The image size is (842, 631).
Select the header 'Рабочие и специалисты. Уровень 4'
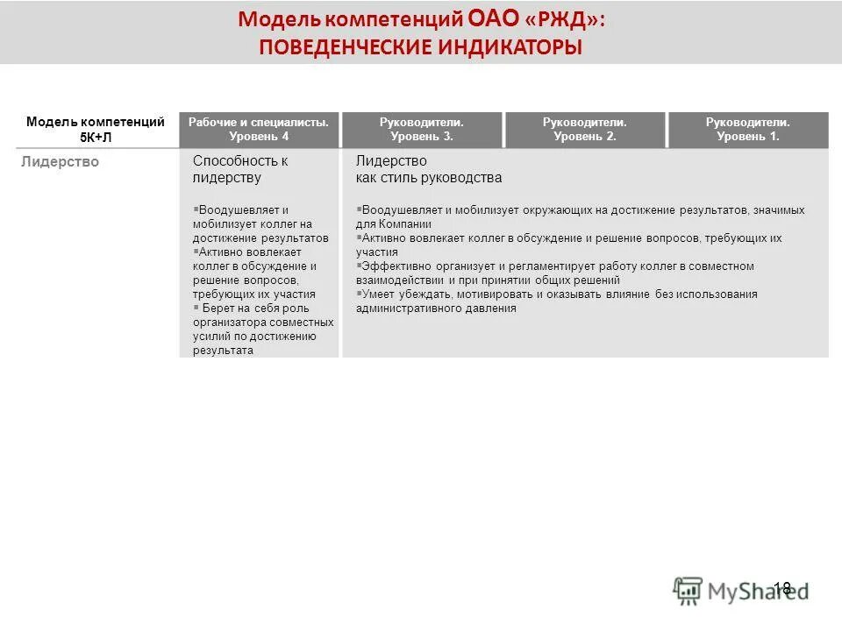[259, 130]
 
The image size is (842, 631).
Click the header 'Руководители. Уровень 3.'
[422, 130]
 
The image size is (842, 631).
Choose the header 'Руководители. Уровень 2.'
[585, 130]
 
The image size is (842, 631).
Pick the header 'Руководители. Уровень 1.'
[748, 130]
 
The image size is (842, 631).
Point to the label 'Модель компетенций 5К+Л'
[96, 130]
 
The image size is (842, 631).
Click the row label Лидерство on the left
[61, 161]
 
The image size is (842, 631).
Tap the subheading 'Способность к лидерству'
[239, 169]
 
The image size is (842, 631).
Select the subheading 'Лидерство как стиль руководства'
[428, 169]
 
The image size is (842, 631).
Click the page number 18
[782, 588]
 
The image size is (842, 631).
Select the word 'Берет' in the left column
[218, 308]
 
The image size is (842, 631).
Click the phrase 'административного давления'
[435, 308]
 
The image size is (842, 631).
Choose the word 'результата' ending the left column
[223, 351]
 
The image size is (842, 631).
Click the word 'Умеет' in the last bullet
[378, 294]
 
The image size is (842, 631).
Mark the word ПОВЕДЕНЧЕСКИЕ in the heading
[341, 46]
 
